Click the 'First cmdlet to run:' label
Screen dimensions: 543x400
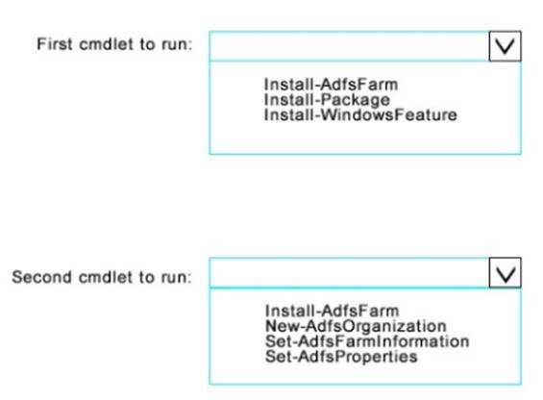point(114,44)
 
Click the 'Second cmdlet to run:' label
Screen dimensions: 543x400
point(102,277)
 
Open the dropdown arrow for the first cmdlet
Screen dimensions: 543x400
point(505,46)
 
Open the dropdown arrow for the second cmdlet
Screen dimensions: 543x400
point(505,273)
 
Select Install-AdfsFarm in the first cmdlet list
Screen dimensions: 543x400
point(331,85)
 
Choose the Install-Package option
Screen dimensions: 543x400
point(327,100)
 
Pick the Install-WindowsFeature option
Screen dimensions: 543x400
point(360,114)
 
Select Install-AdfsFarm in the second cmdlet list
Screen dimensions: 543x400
point(333,311)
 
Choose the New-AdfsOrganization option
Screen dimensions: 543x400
point(356,326)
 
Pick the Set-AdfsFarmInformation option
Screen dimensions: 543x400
point(367,341)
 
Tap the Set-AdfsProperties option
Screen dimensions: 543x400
point(341,357)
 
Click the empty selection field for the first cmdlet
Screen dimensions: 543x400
point(350,46)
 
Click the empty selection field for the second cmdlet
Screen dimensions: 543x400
point(350,273)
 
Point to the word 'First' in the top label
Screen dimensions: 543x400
point(55,44)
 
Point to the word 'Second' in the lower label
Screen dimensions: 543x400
point(41,277)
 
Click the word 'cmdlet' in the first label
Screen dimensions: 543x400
point(107,44)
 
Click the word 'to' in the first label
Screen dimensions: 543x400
point(148,44)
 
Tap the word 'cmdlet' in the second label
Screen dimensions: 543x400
point(106,277)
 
